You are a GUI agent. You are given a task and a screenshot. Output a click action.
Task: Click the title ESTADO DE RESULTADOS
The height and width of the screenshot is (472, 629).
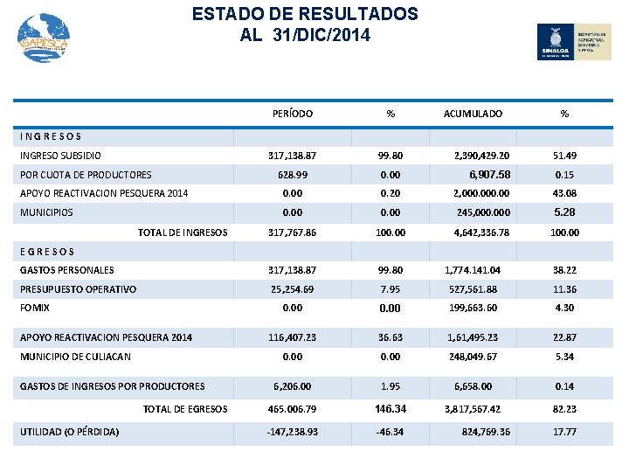[x=305, y=15]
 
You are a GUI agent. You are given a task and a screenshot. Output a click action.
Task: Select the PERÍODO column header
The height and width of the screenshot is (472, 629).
[x=293, y=114]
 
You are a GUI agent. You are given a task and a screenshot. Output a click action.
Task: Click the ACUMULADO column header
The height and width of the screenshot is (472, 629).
[x=473, y=114]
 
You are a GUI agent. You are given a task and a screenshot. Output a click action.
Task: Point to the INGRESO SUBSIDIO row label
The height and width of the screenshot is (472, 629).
[x=60, y=156]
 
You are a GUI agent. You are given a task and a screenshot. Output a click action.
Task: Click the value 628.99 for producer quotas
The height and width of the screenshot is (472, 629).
[x=294, y=175]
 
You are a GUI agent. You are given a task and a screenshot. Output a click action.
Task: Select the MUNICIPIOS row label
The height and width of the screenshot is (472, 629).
[x=46, y=212]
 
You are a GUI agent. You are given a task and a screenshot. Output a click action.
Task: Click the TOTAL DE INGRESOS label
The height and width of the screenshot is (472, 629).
[x=183, y=233]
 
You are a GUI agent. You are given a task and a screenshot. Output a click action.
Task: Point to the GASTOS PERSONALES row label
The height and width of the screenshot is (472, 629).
[x=67, y=270]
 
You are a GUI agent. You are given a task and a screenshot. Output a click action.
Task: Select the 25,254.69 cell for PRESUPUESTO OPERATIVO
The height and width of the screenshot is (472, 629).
[x=294, y=289]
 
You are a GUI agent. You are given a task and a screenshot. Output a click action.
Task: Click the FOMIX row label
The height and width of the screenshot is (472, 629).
[x=35, y=308]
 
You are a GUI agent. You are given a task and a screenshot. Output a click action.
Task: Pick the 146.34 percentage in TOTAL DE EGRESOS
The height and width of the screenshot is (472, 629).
[x=391, y=408]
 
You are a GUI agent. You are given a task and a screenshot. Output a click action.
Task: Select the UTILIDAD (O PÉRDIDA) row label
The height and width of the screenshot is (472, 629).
[x=69, y=431]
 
